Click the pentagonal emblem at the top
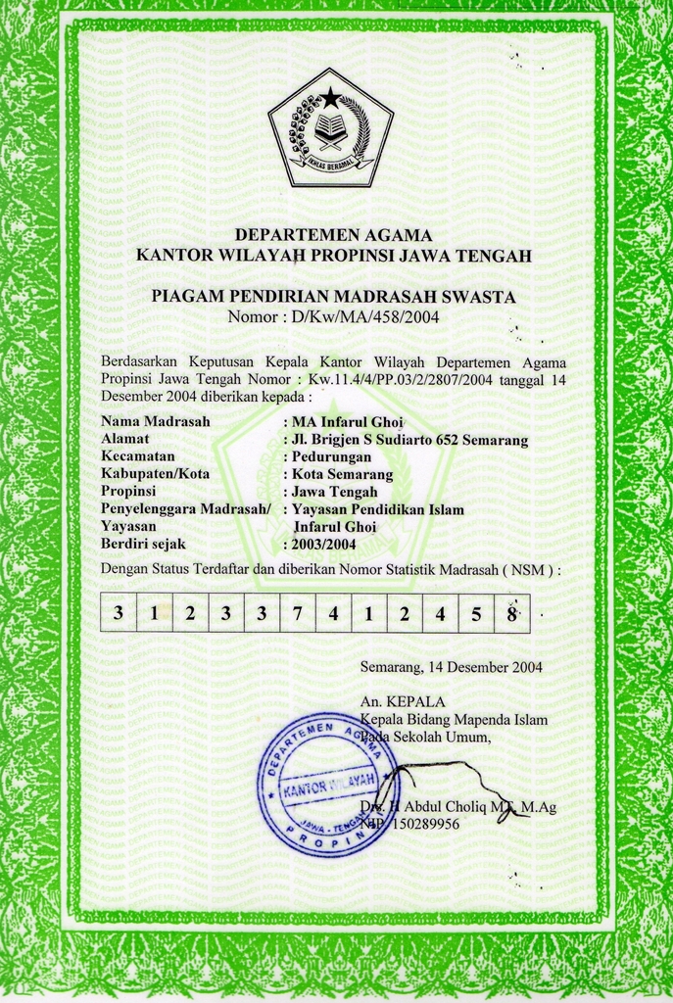point(330,128)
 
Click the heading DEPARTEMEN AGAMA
point(333,235)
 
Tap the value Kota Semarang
point(342,474)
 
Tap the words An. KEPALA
point(403,701)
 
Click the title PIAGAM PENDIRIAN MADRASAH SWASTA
point(333,296)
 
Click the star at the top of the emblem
point(331,97)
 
